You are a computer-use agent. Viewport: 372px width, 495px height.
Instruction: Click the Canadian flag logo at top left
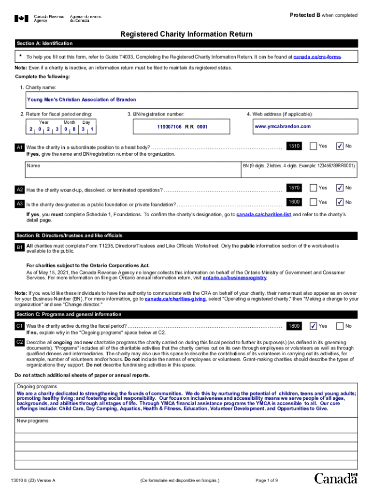point(21,19)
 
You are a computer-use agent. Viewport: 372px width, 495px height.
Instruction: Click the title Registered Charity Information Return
point(186,34)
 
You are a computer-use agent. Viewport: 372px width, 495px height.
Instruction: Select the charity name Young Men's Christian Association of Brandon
point(78,100)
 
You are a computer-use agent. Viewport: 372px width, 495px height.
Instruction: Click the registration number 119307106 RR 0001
point(182,127)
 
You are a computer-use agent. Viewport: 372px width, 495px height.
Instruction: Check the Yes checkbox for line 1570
point(314,188)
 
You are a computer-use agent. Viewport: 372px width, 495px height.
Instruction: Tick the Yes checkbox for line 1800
point(314,326)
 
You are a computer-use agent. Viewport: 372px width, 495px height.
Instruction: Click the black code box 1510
point(294,146)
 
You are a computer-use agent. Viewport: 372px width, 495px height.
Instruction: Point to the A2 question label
point(20,189)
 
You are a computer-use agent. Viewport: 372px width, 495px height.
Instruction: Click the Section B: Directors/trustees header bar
point(186,236)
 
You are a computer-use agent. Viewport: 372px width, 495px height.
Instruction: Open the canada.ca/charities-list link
point(263,214)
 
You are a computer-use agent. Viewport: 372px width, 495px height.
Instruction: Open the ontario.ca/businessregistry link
point(234,278)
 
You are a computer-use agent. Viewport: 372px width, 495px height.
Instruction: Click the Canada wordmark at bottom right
point(336,479)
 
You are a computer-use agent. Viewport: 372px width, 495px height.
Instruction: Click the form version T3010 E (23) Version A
point(34,480)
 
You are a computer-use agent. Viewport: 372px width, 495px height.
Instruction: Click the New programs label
point(33,421)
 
